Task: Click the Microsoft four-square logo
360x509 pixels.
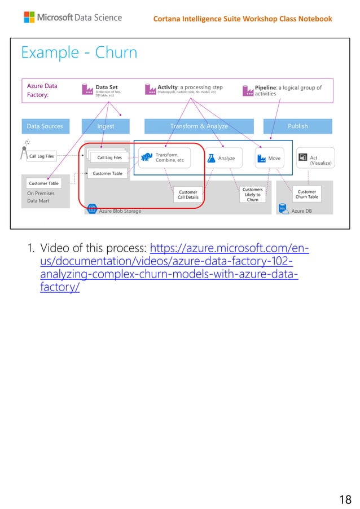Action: coord(30,17)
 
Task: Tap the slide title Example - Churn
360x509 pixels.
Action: coord(79,53)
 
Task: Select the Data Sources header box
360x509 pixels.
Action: coord(45,126)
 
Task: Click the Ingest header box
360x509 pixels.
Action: coord(106,126)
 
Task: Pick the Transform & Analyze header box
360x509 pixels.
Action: coord(199,126)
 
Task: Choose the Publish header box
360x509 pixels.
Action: coord(297,126)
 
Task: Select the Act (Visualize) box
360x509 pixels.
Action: coord(315,159)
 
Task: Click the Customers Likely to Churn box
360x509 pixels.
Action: coord(252,195)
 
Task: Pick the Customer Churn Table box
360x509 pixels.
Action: coord(307,195)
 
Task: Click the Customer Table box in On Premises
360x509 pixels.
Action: coord(44,183)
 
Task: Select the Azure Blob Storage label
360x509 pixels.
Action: coord(120,211)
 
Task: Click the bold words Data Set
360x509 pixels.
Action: coord(107,87)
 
